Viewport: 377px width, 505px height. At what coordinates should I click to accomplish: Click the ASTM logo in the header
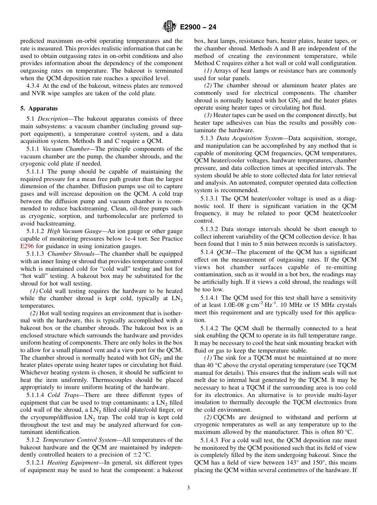click(x=170, y=27)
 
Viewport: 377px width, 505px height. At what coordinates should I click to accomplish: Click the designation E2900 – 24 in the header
click(x=198, y=27)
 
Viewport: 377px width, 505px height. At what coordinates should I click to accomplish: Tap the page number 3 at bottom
click(x=188, y=488)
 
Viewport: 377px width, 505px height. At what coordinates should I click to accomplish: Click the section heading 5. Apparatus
click(x=39, y=108)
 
